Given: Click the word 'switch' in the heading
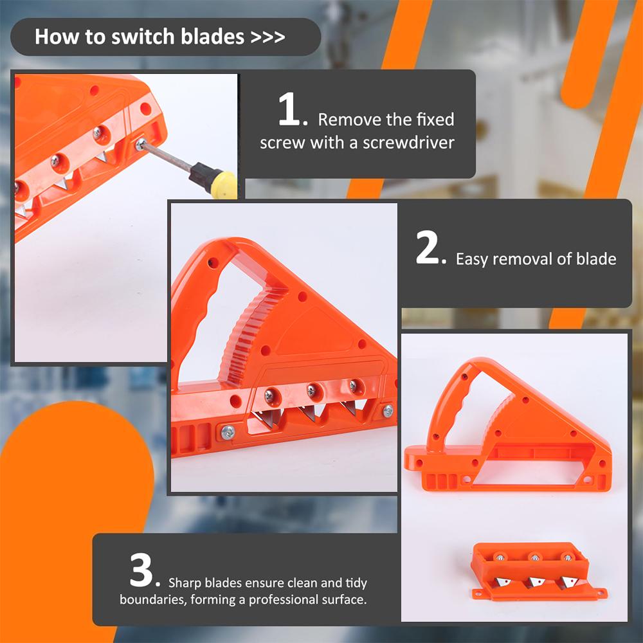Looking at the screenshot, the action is point(143,37).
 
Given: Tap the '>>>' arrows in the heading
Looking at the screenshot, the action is point(267,37).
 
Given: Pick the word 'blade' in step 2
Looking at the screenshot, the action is point(596,258).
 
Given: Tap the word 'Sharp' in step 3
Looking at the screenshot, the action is point(185,583).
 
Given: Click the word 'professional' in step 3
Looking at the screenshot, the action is point(284,600).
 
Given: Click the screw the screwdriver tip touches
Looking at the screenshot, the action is point(141,144).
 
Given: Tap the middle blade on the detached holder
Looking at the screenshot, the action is point(535,581).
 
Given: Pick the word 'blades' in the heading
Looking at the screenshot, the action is point(213,37).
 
